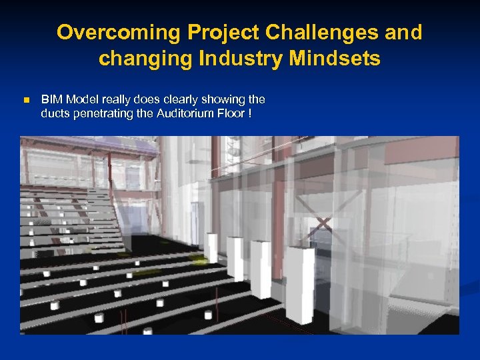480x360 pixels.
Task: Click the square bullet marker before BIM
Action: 26,100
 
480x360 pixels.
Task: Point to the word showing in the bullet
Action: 225,99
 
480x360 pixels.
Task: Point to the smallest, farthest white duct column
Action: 212,248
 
